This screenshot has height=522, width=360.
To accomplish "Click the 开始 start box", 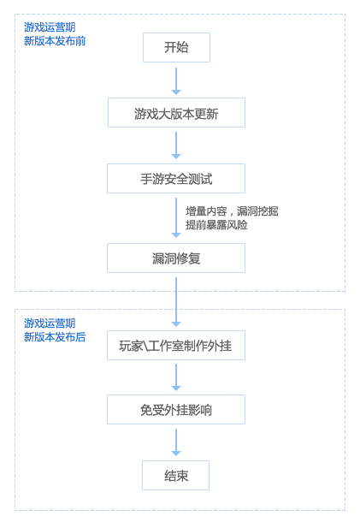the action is coord(176,47).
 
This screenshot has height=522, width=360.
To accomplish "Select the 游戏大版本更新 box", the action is coord(176,112).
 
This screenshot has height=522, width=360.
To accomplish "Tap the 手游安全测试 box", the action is coord(176,179).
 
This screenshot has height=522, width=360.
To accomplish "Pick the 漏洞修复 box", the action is coord(176,258).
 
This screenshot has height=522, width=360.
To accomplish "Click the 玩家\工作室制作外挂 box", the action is coord(176,345).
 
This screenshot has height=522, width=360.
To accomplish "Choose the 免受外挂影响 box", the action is coord(176,410).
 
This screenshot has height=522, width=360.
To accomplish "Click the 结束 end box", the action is coord(175,476).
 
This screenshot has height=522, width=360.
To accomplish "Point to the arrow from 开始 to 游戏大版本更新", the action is coord(176,81).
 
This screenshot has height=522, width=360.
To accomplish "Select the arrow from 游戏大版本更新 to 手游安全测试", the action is coord(176,145).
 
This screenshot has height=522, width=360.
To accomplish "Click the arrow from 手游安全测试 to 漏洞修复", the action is coord(176,217).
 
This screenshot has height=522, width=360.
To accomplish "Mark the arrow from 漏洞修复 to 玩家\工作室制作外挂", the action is coord(176,302).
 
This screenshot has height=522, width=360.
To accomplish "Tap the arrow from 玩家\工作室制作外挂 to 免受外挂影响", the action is coord(176,377).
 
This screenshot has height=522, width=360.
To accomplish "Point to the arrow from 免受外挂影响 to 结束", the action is coord(176,442).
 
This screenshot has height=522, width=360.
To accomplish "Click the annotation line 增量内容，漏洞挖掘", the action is coord(232,211).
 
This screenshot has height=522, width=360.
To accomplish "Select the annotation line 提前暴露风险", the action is coord(216,225).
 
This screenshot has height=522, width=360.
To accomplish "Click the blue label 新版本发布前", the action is coord(55,40).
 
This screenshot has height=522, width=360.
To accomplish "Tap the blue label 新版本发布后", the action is coord(55,337).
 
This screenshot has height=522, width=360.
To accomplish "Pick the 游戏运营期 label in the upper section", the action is coord(50,27).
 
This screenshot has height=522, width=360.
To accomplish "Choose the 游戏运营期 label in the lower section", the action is coord(50,323).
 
